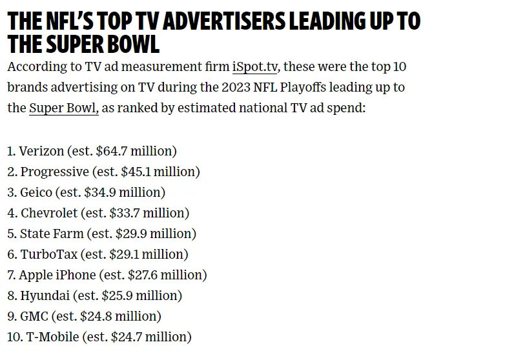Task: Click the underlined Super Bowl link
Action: tap(63, 108)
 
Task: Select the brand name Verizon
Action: tap(41, 151)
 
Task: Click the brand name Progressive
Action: tap(54, 172)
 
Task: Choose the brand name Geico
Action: tap(37, 192)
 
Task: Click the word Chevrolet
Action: tap(49, 213)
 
